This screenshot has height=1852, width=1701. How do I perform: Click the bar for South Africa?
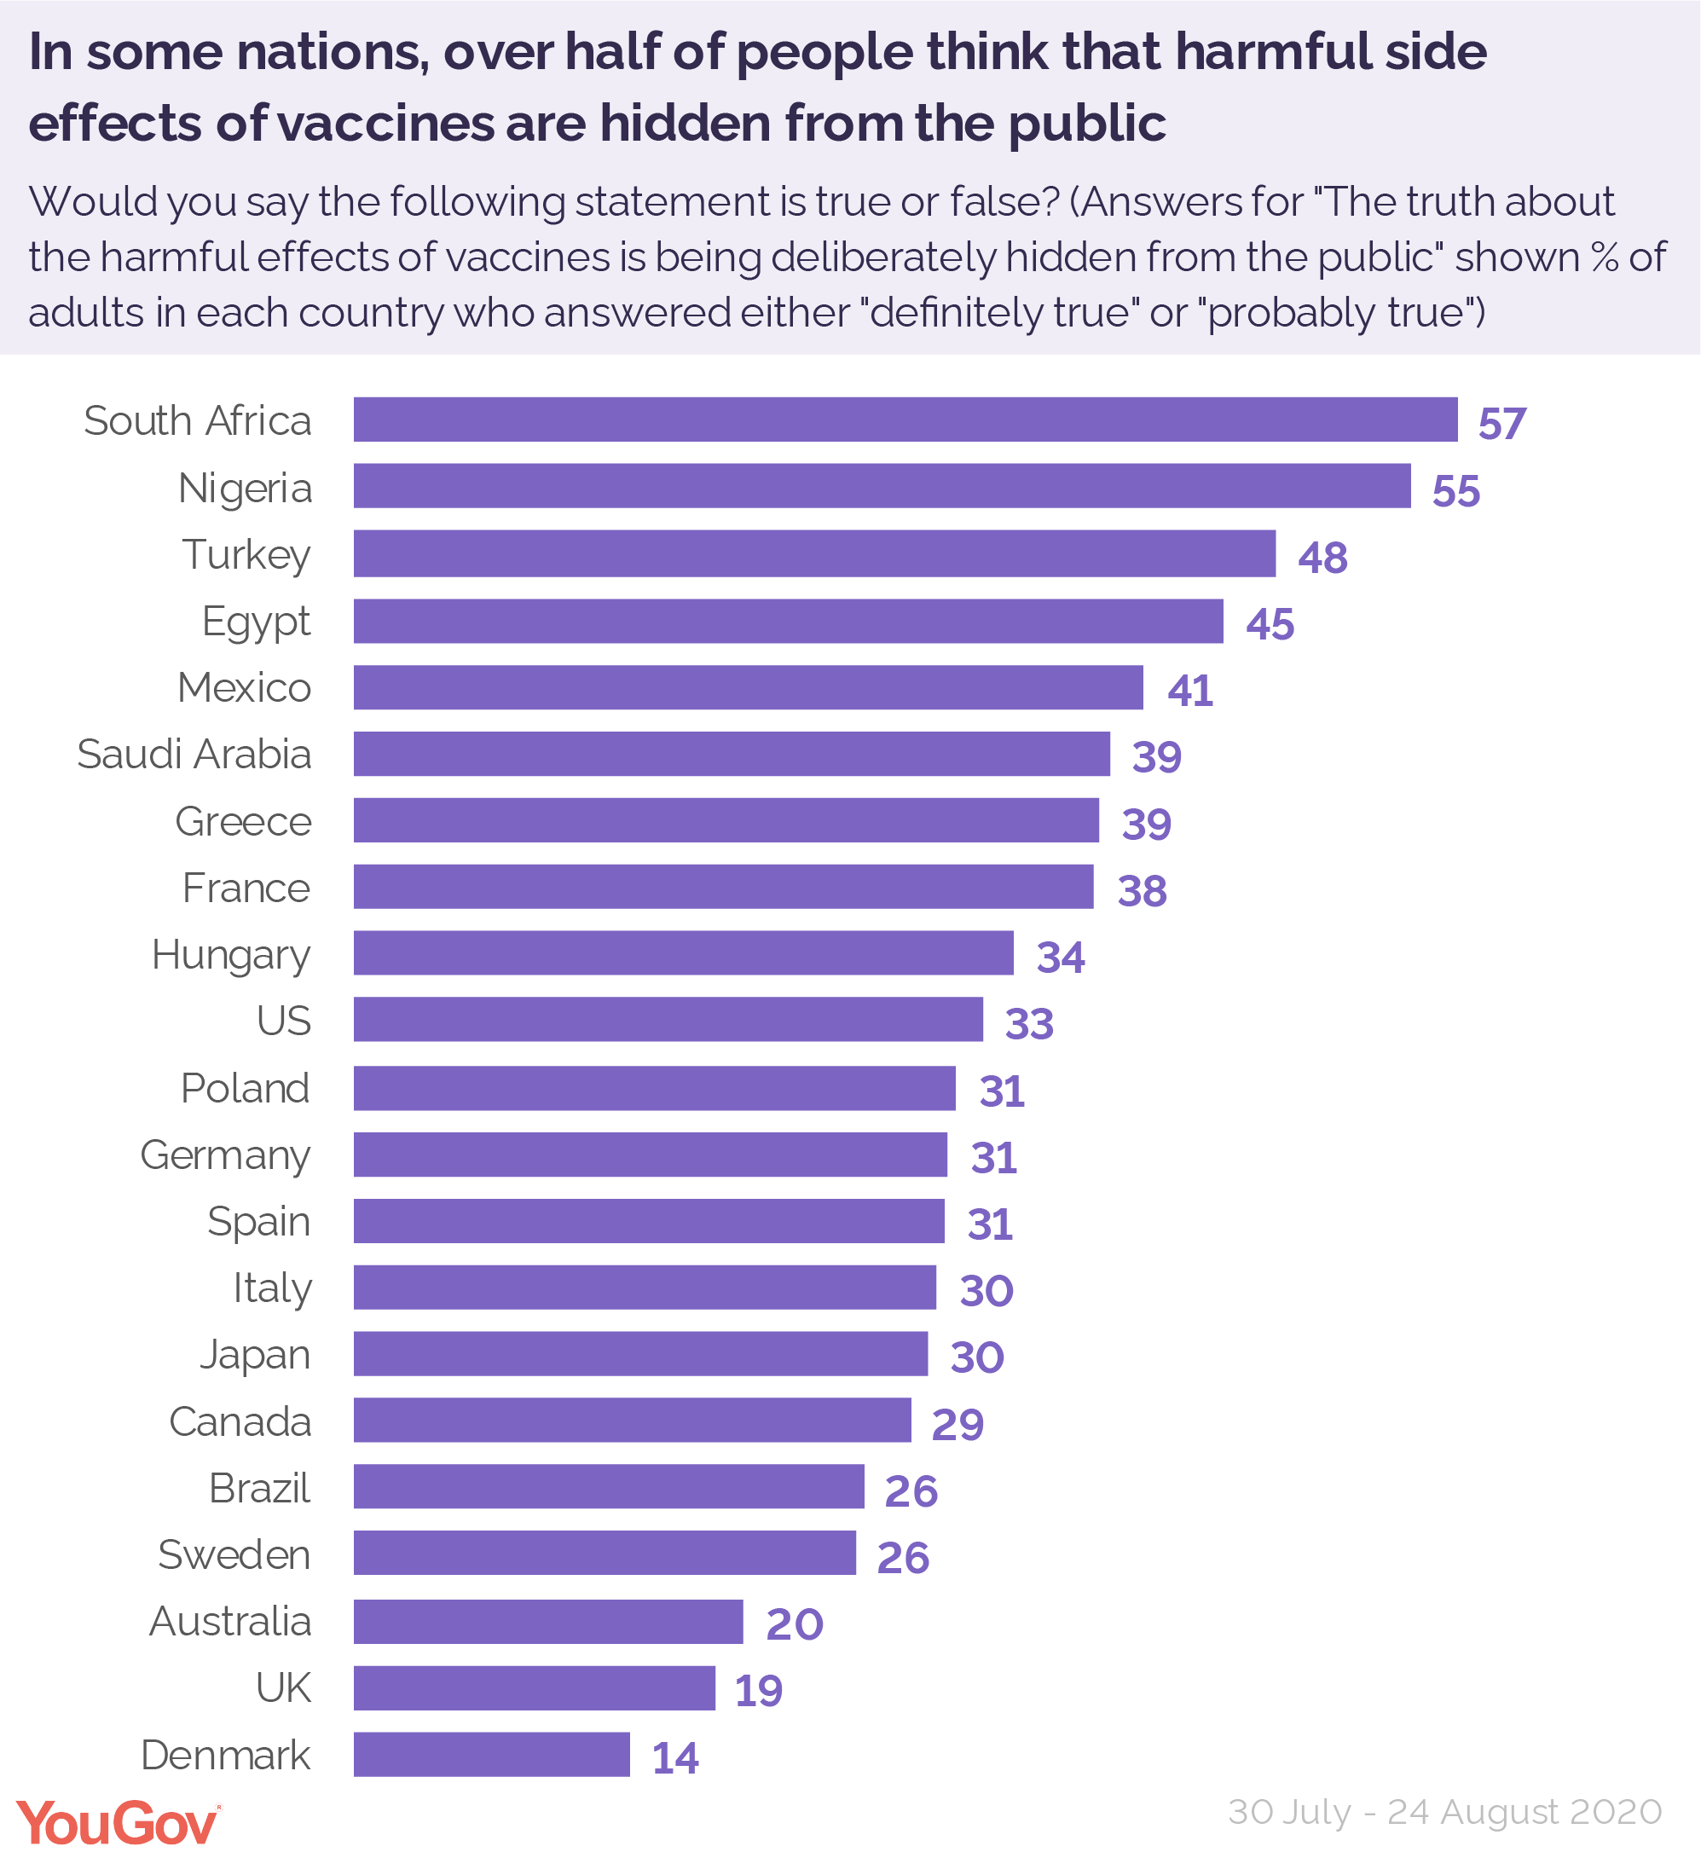[905, 420]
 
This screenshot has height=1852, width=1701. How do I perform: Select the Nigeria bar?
[882, 486]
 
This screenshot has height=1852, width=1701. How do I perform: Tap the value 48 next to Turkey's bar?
[1322, 558]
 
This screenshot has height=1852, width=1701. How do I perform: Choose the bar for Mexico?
[748, 687]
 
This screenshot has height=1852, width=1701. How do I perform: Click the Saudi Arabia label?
[194, 755]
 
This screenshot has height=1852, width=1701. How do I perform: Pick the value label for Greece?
[1146, 824]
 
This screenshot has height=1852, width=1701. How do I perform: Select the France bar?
[724, 887]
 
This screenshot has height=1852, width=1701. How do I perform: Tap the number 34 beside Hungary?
[1061, 958]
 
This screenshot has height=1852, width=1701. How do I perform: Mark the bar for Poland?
[655, 1088]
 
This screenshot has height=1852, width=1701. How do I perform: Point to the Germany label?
[225, 1155]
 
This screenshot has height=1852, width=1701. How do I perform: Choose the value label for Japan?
[976, 1357]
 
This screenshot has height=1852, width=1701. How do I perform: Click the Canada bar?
[633, 1421]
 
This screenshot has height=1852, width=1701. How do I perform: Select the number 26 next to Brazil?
[911, 1491]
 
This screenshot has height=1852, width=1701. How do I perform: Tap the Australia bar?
[547, 1621]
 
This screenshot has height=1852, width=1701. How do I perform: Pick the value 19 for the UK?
[759, 1691]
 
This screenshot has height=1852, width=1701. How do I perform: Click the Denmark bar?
[491, 1755]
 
